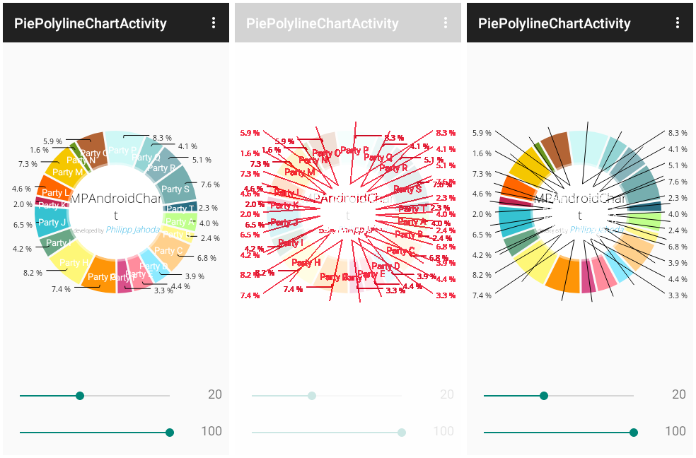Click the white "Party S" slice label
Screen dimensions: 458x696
pos(175,189)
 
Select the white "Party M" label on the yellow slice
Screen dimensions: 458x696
pos(68,172)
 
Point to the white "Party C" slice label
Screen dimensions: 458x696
pos(168,251)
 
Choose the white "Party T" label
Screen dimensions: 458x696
pos(180,209)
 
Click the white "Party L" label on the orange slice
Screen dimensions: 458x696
pos(56,193)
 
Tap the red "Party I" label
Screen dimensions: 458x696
pos(290,242)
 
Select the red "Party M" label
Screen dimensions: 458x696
pos(301,172)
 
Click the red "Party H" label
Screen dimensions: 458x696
pos(306,263)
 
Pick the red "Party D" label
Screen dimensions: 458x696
pos(385,266)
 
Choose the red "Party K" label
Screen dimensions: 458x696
pos(285,205)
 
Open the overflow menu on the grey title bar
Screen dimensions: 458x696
pos(446,23)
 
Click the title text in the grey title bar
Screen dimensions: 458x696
pos(323,23)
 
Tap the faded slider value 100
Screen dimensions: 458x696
pos(443,431)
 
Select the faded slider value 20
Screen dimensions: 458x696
pos(446,394)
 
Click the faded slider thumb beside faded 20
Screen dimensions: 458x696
pos(312,396)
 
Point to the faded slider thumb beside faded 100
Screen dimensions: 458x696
pos(402,433)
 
